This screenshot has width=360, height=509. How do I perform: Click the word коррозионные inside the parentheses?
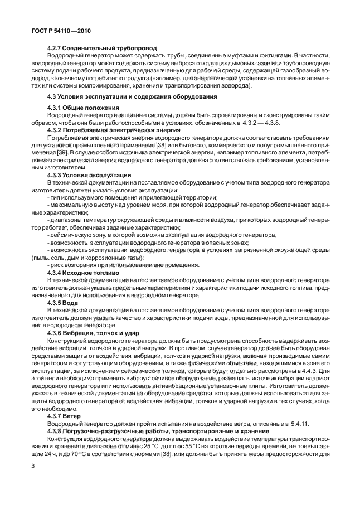tap(106, 259)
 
